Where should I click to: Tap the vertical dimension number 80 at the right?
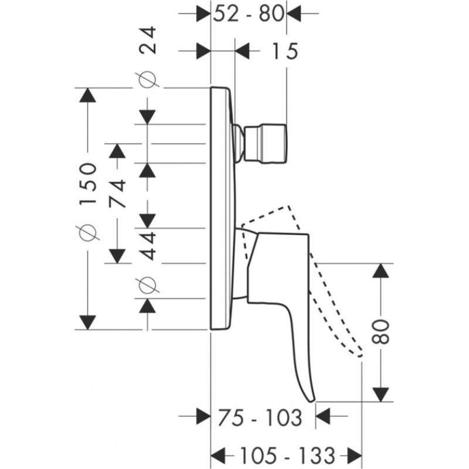click(382, 332)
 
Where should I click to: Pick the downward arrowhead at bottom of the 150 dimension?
click(89, 322)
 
